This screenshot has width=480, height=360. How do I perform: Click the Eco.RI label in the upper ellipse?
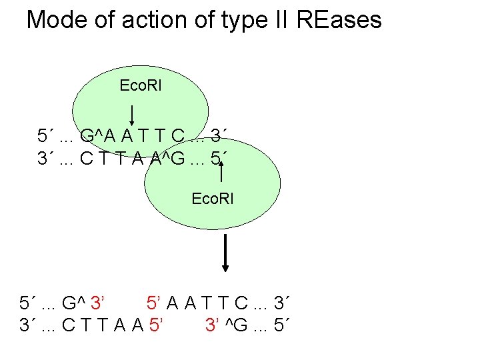pos(140,86)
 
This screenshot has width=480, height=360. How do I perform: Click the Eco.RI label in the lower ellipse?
pos(213,199)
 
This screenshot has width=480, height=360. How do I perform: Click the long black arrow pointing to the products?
pos(226,253)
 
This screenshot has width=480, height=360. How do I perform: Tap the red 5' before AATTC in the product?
pos(154,305)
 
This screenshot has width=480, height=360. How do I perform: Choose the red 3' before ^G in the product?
pos(213,326)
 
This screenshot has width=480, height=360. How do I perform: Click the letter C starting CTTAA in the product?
pos(67,326)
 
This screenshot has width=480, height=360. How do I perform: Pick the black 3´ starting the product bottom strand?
pos(28,326)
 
